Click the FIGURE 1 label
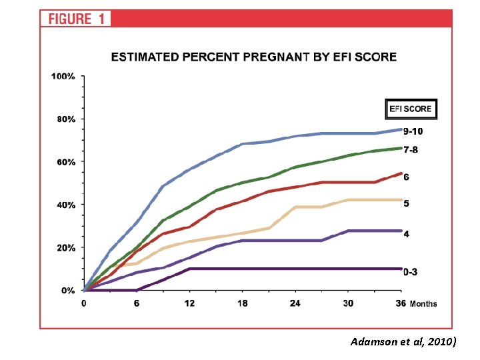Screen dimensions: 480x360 pos(77,19)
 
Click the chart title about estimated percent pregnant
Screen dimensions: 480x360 pos(254,57)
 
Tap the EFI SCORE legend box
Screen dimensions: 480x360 pos(411,109)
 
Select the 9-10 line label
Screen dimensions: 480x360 pos(413,131)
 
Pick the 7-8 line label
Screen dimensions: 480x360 pos(411,150)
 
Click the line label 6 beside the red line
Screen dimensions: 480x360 pos(406,177)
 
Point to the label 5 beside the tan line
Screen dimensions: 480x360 pos(406,203)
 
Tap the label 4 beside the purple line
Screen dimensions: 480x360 pos(406,234)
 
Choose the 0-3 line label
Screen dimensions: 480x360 pos(410,272)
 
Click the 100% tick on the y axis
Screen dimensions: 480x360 pos(63,76)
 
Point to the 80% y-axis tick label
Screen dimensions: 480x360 pos(66,119)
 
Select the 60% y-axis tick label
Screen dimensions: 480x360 pos(66,162)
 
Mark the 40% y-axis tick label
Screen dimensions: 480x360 pos(66,205)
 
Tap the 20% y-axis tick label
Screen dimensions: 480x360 pos(66,247)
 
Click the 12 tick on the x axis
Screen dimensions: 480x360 pos(189,303)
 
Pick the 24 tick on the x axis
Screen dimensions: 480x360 pos(295,303)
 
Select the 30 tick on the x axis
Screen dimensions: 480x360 pos(348,303)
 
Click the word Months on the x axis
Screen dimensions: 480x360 pos(423,304)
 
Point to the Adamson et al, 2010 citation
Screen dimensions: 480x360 pos(403,341)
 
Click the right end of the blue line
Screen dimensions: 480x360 pos(401,129)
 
